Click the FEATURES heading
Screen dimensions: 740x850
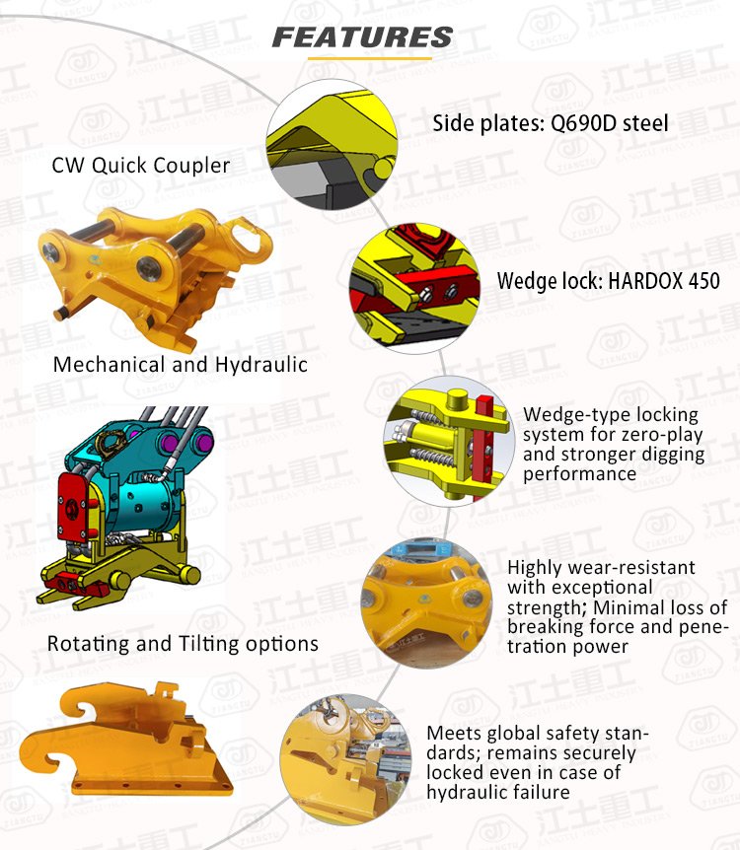pos(362,37)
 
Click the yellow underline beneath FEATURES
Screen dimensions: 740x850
pos(369,58)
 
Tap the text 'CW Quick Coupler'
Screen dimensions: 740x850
pos(140,166)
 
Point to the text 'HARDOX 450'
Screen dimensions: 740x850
pos(664,281)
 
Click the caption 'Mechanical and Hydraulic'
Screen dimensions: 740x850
pos(181,364)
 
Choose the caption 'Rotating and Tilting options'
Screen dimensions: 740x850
pos(183,644)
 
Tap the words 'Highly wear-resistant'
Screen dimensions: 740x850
pos(601,568)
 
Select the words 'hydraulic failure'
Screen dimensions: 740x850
pos(498,792)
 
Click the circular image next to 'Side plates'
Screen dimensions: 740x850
pos(332,145)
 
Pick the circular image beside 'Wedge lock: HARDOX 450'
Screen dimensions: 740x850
pos(414,288)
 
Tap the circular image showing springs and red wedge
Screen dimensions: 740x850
pos(449,441)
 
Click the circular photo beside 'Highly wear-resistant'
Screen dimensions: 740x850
pos(426,602)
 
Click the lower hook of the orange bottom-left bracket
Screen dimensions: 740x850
pos(42,755)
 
